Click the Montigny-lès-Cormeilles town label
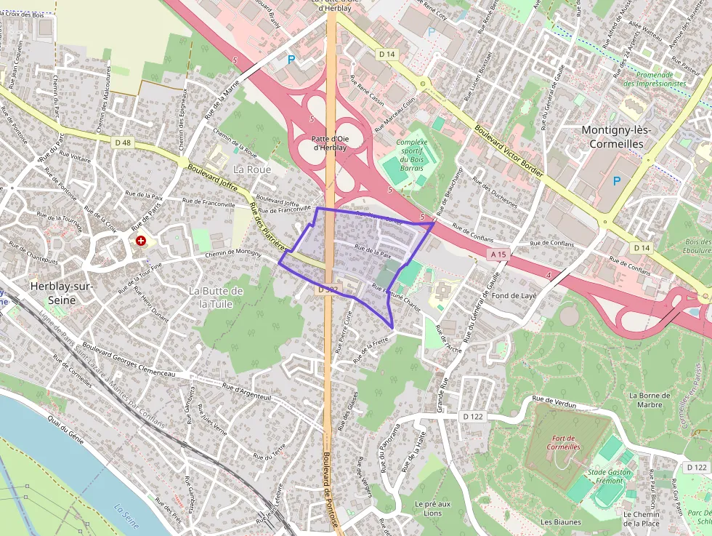[618, 136]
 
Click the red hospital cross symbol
[141, 240]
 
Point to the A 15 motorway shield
[498, 255]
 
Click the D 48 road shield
[123, 143]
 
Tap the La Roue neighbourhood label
[252, 169]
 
